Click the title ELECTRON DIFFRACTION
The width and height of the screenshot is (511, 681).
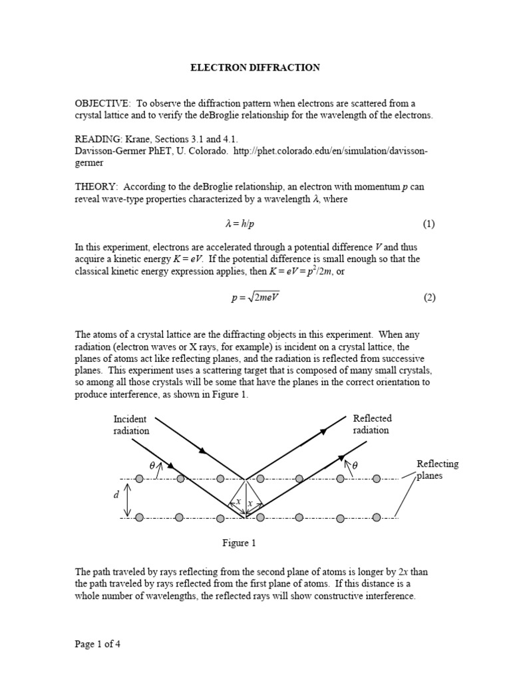click(256, 67)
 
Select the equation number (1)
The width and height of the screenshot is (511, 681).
click(428, 224)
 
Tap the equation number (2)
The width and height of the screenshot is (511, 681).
click(428, 297)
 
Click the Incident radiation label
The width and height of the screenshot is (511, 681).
click(131, 424)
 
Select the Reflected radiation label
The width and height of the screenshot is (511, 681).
click(372, 424)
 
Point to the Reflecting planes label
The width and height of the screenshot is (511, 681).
click(437, 470)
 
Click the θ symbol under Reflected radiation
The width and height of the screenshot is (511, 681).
click(355, 466)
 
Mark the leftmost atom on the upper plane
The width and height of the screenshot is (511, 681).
click(139, 478)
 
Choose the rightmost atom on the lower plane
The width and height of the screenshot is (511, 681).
click(377, 517)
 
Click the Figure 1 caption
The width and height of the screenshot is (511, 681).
click(239, 543)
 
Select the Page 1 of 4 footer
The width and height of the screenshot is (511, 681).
click(97, 644)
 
